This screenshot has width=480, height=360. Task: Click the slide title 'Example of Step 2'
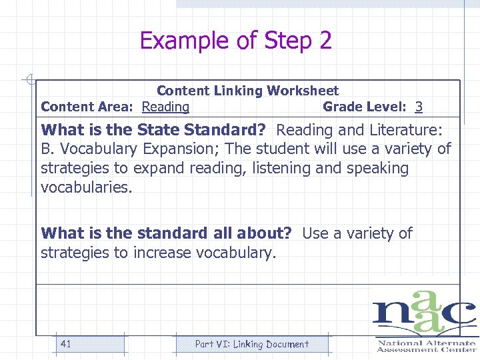click(235, 41)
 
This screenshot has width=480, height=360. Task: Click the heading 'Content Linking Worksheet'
click(247, 91)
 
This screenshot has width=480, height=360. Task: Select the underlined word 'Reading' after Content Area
click(166, 107)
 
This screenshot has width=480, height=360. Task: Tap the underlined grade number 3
click(419, 107)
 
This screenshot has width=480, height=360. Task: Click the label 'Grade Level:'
click(365, 107)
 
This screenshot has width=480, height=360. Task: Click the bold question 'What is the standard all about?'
click(167, 233)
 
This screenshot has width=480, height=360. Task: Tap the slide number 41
click(65, 344)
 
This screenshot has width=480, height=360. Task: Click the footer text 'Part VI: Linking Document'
click(251, 344)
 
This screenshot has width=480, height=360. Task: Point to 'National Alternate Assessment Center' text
click(427, 346)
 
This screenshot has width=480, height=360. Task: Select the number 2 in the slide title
click(325, 41)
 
